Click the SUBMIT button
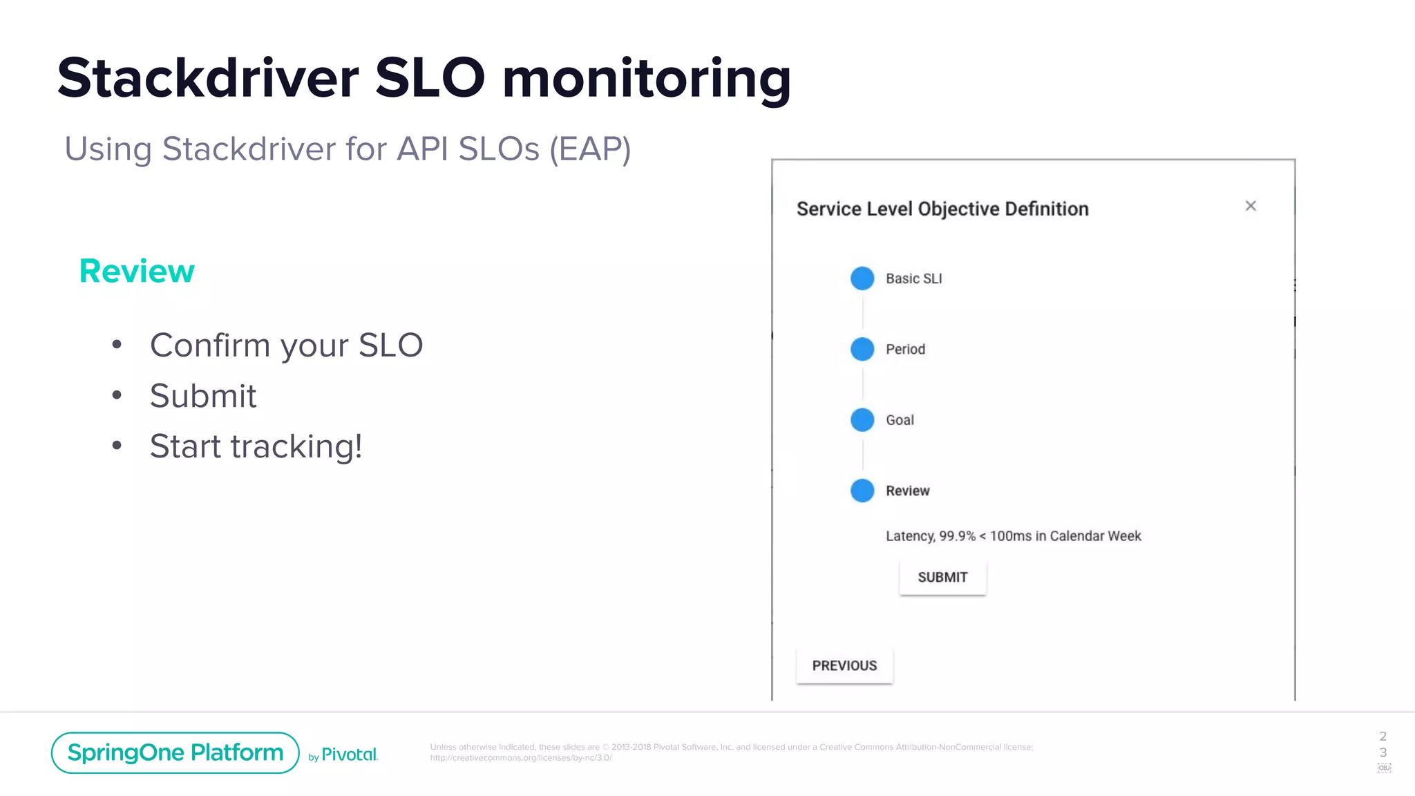tap(942, 578)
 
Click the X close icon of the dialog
tap(1251, 206)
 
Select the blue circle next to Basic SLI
tap(862, 278)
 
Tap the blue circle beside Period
tap(862, 349)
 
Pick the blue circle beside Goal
tap(862, 419)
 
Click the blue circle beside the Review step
tap(862, 491)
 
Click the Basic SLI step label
tap(913, 278)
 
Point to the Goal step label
tap(900, 420)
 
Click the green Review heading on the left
tap(137, 271)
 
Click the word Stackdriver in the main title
tap(208, 78)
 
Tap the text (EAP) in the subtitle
tap(590, 149)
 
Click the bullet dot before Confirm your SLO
tap(117, 344)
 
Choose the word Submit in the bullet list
tap(203, 396)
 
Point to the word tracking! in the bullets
tap(296, 446)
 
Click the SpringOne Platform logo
tap(175, 752)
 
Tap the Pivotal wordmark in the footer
tap(350, 755)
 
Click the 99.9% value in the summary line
tap(957, 536)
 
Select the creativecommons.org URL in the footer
tap(521, 758)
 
